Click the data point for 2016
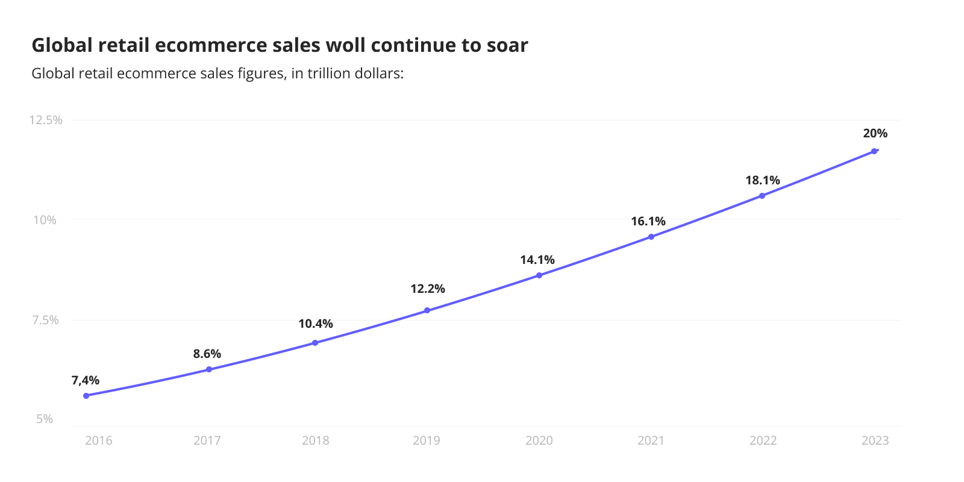point(86,396)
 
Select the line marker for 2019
point(427,310)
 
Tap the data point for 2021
point(651,237)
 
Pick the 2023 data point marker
point(874,151)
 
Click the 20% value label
point(875,133)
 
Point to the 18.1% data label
point(762,180)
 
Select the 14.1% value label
point(537,260)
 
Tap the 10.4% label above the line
point(316,324)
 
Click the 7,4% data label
point(86,380)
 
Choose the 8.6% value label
point(207,354)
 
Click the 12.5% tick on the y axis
point(46,120)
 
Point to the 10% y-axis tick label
point(45,220)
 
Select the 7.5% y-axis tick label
point(46,320)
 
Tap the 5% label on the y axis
point(45,419)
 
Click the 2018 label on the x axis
point(316,440)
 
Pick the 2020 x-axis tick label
point(539,440)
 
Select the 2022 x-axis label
point(763,440)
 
